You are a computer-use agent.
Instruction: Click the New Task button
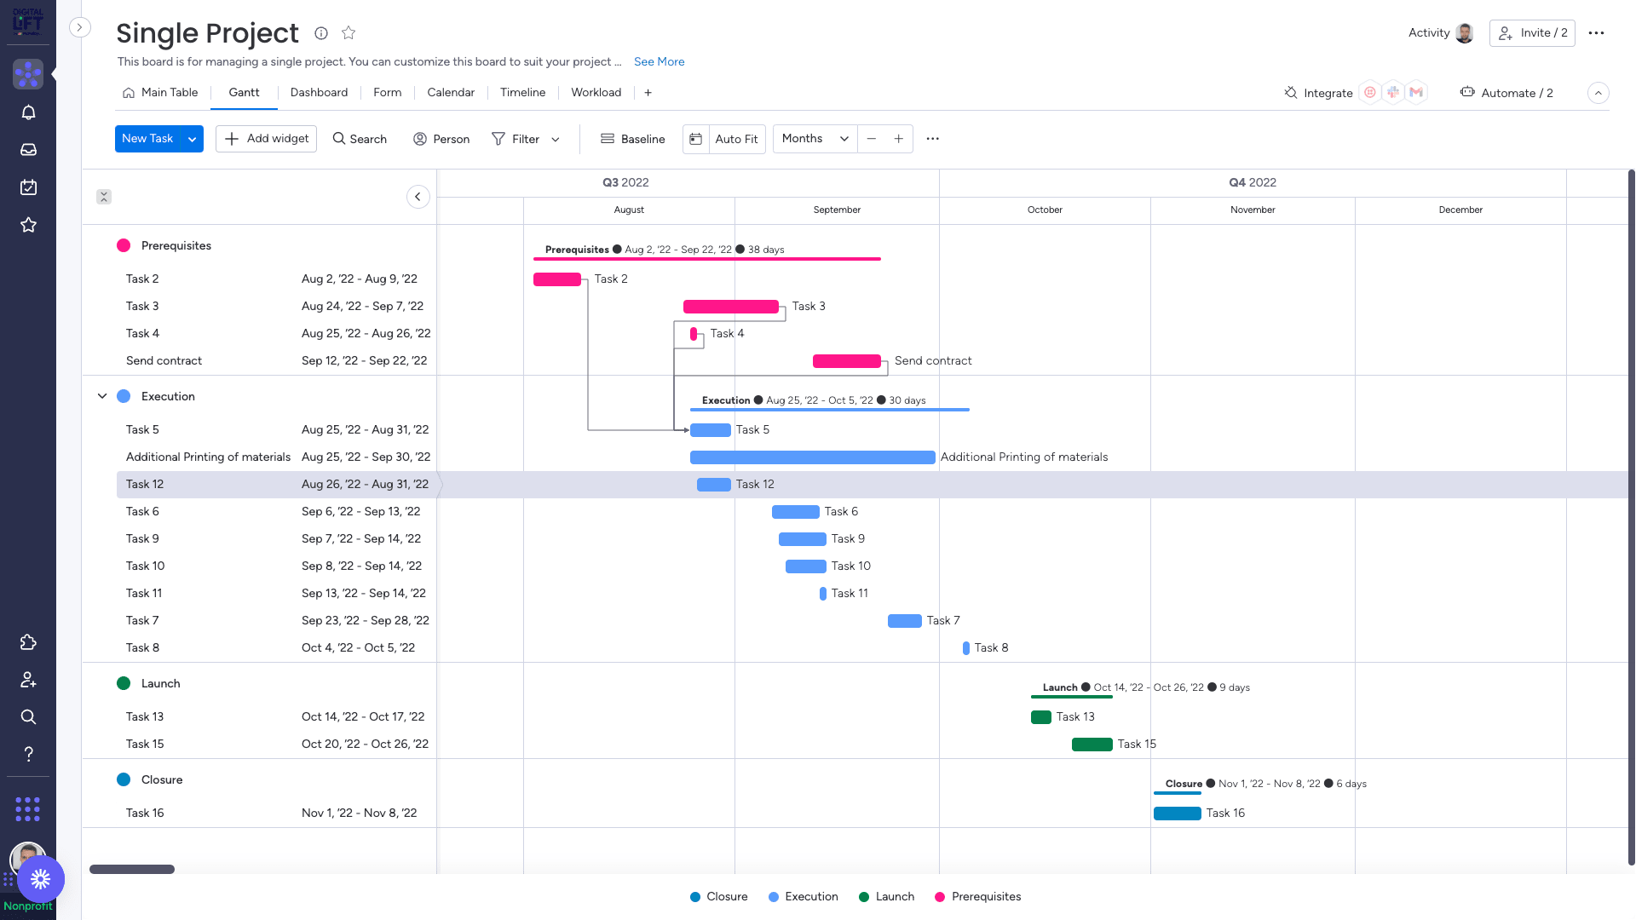pyautogui.click(x=147, y=139)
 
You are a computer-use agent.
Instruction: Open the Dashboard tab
pyautogui.click(x=319, y=92)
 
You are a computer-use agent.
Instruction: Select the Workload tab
pyautogui.click(x=596, y=92)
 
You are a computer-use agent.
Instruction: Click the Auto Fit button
pyautogui.click(x=736, y=139)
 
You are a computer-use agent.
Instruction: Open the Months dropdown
pyautogui.click(x=815, y=139)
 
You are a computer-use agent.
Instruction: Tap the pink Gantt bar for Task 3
pyautogui.click(x=730, y=307)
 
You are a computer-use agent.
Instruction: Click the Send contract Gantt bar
pyautogui.click(x=846, y=361)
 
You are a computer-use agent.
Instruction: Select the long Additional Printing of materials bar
pyautogui.click(x=812, y=457)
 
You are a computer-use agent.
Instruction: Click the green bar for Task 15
pyautogui.click(x=1092, y=745)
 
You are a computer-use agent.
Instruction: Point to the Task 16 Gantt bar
pyautogui.click(x=1177, y=814)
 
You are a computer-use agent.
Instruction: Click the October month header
pyautogui.click(x=1045, y=210)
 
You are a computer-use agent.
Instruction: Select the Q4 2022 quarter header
pyautogui.click(x=1252, y=182)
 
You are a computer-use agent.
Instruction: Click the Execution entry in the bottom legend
pyautogui.click(x=810, y=896)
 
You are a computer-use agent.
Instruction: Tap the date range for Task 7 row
pyautogui.click(x=365, y=620)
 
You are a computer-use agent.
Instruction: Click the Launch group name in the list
pyautogui.click(x=160, y=683)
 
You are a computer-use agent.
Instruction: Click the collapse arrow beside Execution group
pyautogui.click(x=102, y=396)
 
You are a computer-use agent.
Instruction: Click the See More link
pyautogui.click(x=659, y=61)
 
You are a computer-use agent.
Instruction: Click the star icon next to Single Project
pyautogui.click(x=349, y=33)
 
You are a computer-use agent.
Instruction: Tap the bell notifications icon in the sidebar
pyautogui.click(x=28, y=112)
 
